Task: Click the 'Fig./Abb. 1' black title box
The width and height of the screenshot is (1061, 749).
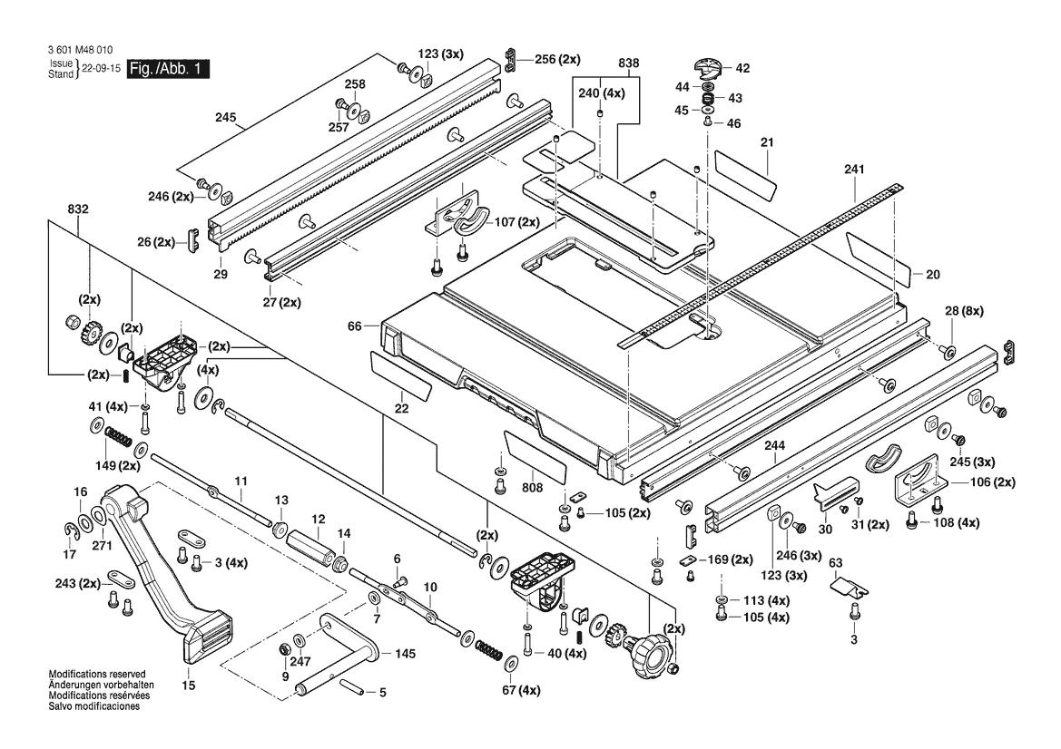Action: (x=170, y=69)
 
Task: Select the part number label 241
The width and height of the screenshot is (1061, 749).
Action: (x=854, y=169)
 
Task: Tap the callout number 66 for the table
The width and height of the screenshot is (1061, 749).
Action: (x=355, y=324)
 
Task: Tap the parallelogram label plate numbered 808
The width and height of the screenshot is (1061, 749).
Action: (x=534, y=455)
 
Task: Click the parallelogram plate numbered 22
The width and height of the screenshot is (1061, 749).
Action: (x=400, y=376)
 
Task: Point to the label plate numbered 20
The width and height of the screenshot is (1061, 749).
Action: (x=879, y=258)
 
